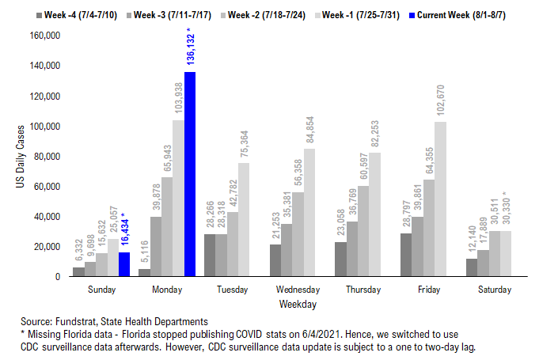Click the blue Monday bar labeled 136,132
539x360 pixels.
click(x=190, y=174)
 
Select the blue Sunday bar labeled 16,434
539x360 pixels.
click(x=124, y=264)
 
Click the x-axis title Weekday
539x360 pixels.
click(x=298, y=304)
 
